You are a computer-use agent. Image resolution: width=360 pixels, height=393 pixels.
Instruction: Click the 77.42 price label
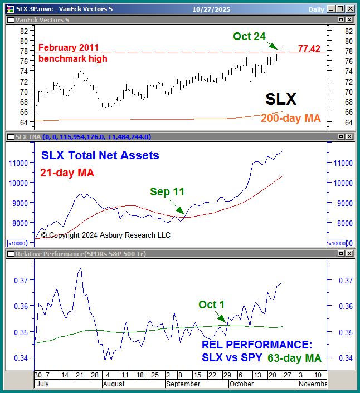pyautogui.click(x=311, y=49)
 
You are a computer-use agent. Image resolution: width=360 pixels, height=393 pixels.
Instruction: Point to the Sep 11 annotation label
pyautogui.click(x=167, y=192)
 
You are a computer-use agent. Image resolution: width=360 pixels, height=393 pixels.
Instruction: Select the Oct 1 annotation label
pyautogui.click(x=211, y=304)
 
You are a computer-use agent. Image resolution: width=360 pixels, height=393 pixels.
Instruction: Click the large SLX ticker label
pyautogui.click(x=280, y=99)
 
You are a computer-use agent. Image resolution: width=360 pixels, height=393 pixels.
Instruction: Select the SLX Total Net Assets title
pyautogui.click(x=99, y=156)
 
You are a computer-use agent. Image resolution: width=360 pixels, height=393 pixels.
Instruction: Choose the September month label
pyautogui.click(x=183, y=384)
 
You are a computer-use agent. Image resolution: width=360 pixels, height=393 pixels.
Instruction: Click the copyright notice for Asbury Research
pyautogui.click(x=106, y=235)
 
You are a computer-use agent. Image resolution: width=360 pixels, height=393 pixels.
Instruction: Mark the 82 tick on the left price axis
pyautogui.click(x=24, y=31)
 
